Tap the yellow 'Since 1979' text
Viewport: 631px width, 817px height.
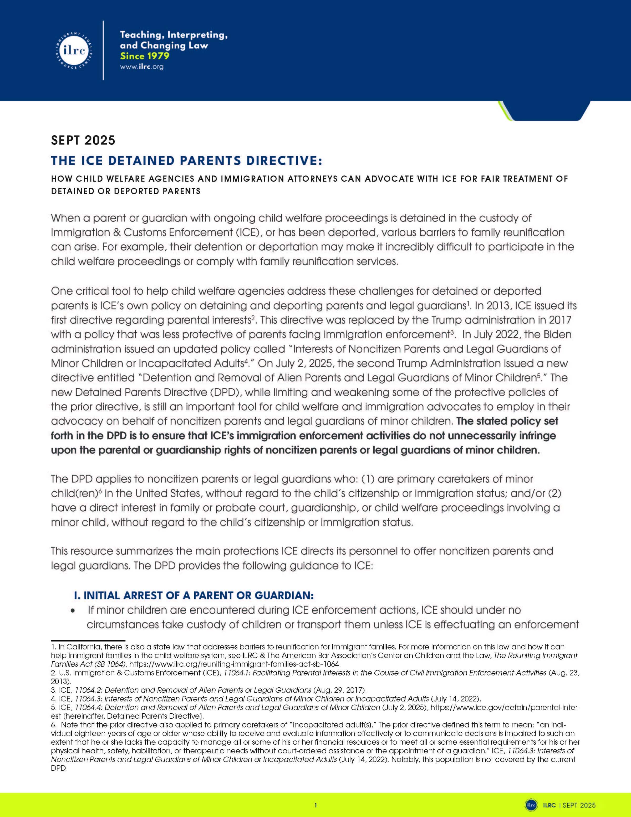tap(144, 56)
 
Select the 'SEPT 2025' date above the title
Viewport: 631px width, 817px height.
tap(83, 140)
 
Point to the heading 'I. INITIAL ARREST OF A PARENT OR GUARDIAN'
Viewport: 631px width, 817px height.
tap(193, 595)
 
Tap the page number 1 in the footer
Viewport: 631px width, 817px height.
tap(315, 805)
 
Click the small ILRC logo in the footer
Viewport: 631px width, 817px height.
tap(531, 805)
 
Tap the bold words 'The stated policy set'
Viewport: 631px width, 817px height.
tap(507, 421)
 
